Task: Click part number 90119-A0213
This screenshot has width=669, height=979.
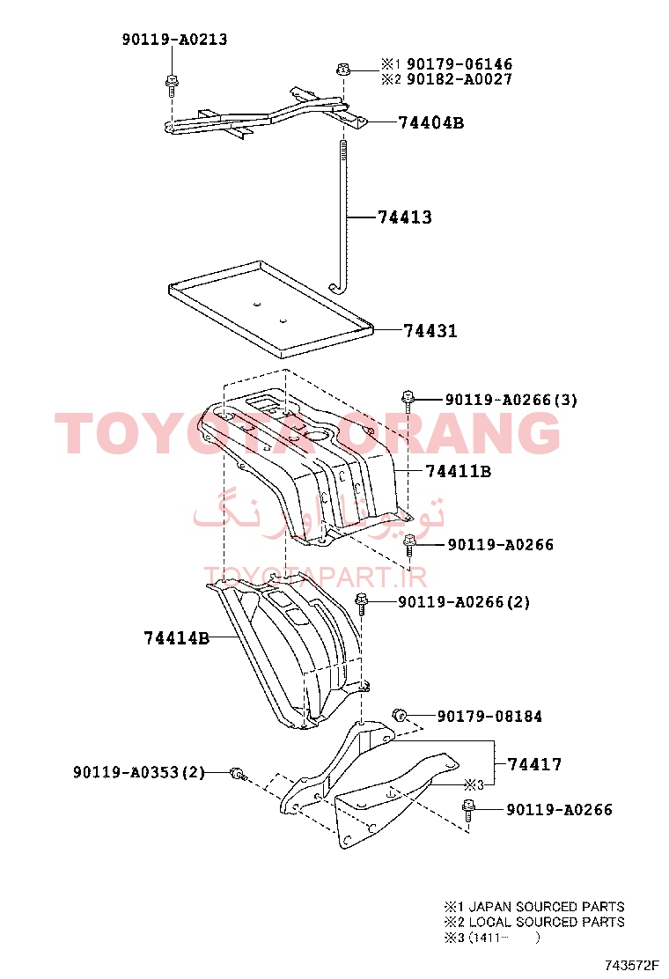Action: click(x=175, y=40)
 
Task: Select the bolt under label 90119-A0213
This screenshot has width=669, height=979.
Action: click(x=171, y=85)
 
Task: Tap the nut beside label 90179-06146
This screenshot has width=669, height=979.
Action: click(x=342, y=69)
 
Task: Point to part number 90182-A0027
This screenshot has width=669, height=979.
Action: click(x=459, y=79)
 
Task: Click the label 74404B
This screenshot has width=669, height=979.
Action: click(x=431, y=122)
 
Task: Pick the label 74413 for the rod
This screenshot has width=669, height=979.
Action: click(x=405, y=217)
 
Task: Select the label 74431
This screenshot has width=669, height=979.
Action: click(x=430, y=330)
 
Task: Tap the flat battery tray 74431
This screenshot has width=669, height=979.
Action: click(x=271, y=308)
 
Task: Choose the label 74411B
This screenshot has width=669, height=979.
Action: click(x=459, y=471)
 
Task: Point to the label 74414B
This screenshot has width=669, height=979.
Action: click(x=177, y=638)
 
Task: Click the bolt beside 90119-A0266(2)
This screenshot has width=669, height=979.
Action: click(x=361, y=605)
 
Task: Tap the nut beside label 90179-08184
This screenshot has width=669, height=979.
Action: click(x=400, y=715)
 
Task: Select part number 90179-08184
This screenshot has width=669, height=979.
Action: click(x=489, y=716)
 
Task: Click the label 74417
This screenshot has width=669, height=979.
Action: click(x=534, y=764)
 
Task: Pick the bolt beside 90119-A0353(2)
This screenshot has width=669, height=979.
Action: click(x=239, y=774)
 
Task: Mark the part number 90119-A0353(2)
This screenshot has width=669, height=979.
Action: click(x=139, y=772)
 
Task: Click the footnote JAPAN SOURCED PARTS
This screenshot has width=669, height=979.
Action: click(x=547, y=907)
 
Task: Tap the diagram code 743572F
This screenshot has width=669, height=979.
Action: click(x=631, y=965)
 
